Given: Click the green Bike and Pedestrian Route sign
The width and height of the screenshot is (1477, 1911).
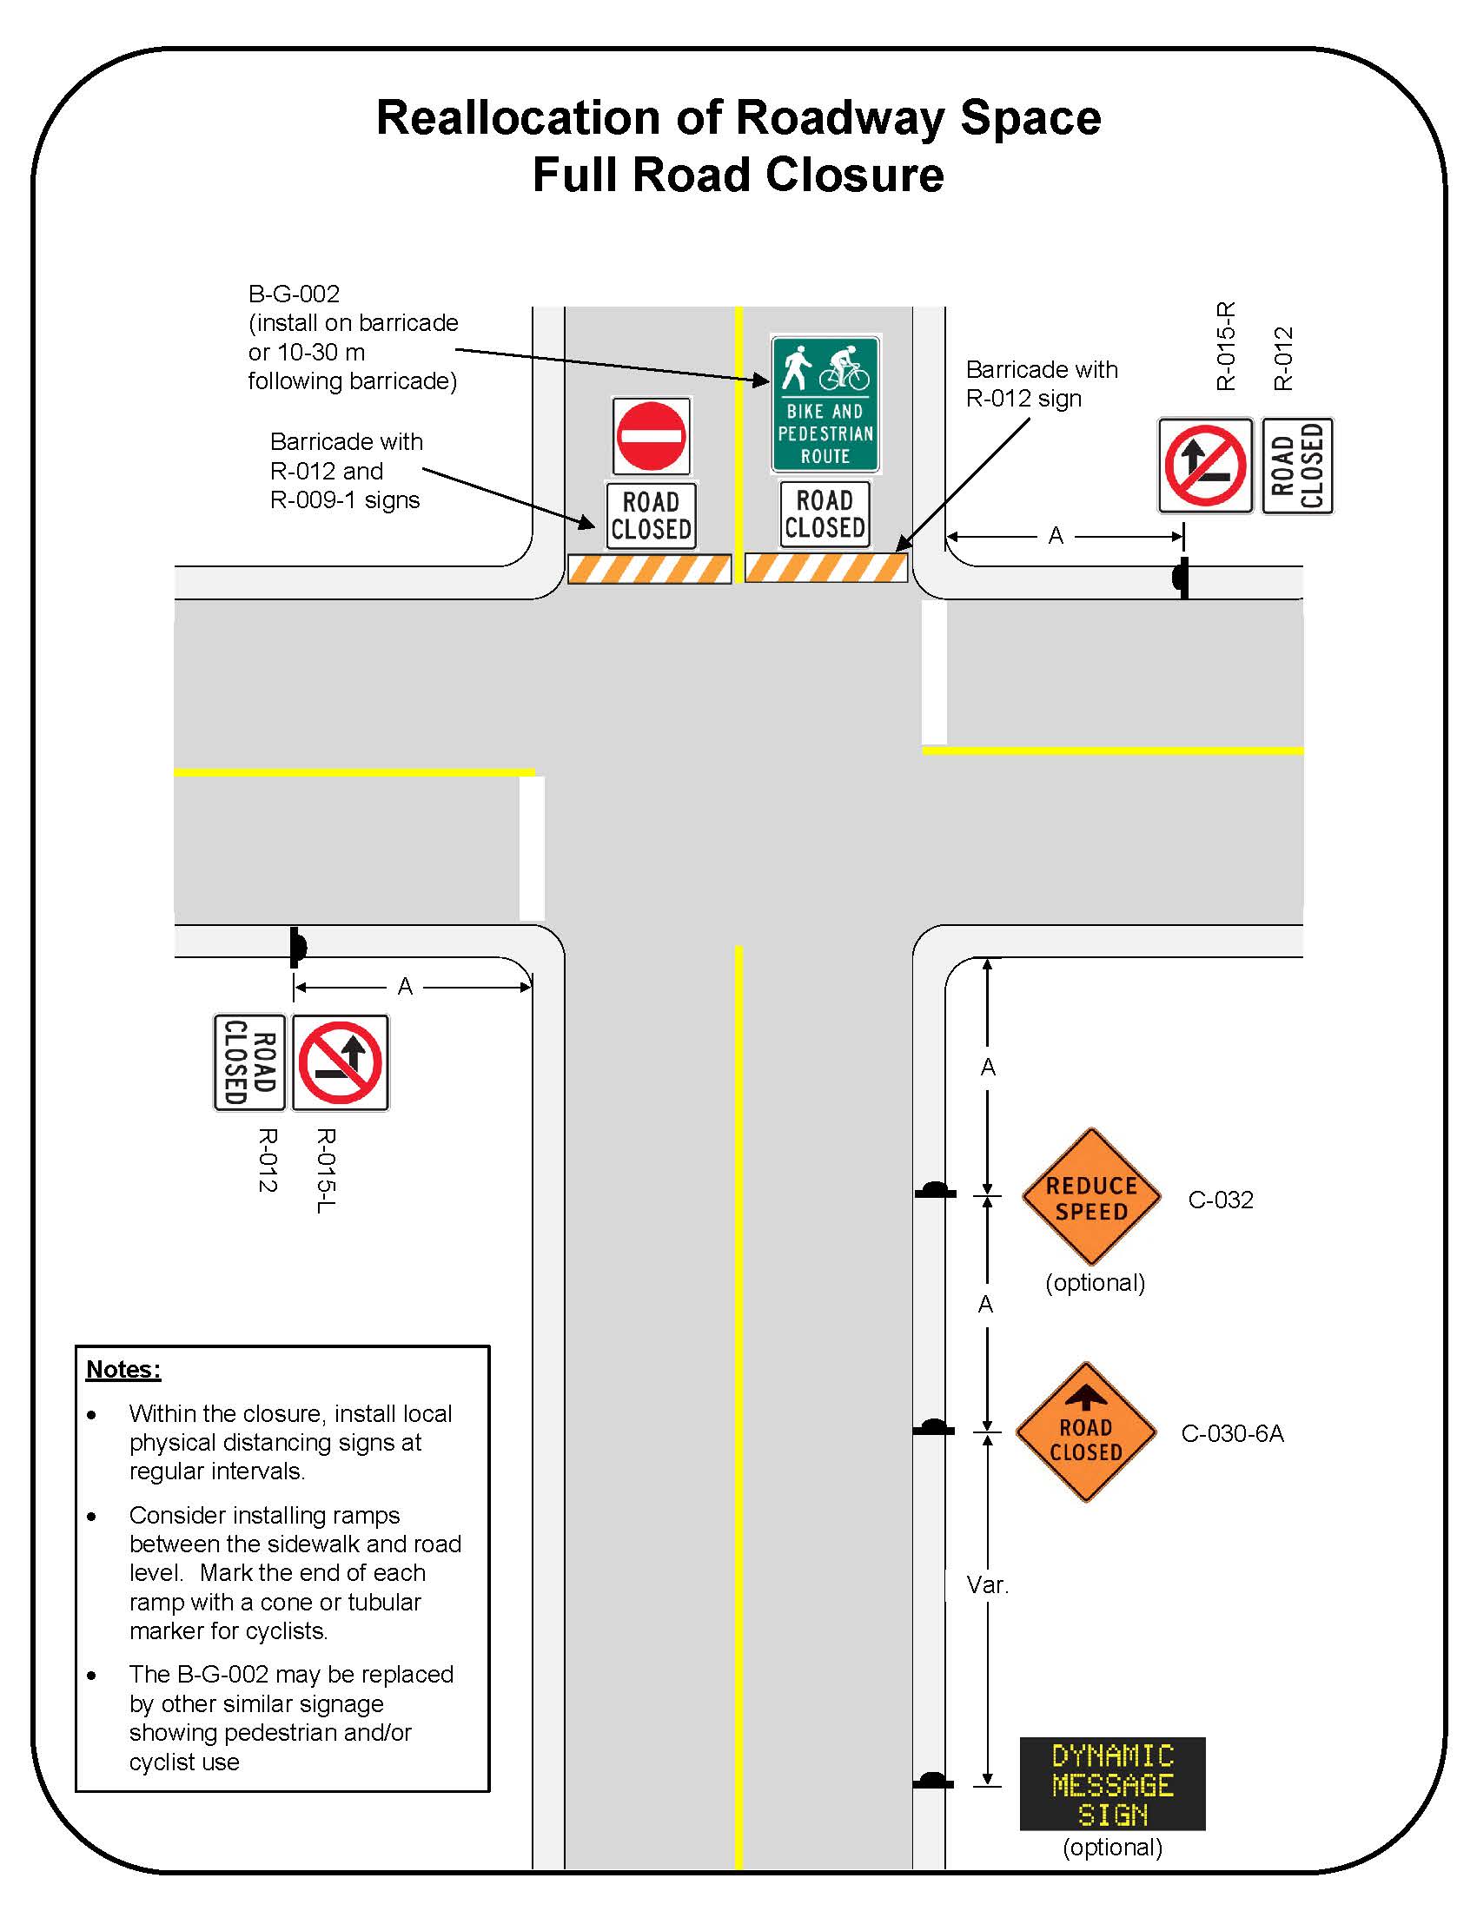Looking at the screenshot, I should click(825, 404).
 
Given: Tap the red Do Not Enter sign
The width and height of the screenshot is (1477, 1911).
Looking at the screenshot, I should click(651, 436).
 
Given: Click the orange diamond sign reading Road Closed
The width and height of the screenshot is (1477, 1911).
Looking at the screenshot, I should click(1086, 1432).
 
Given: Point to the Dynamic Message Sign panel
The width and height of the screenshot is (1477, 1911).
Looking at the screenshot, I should click(1112, 1784).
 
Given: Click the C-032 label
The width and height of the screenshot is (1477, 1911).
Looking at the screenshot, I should click(1220, 1200).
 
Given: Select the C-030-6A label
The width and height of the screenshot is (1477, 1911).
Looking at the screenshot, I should click(1232, 1433).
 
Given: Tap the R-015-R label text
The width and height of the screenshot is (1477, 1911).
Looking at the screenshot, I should click(1226, 347).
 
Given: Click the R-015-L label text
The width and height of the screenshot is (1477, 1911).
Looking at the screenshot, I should click(325, 1170).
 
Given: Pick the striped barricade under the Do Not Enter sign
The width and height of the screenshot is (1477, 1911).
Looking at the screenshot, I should click(649, 570).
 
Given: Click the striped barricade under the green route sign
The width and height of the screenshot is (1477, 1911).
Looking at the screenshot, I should click(825, 568).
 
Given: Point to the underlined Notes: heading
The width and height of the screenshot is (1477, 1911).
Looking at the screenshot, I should click(123, 1369).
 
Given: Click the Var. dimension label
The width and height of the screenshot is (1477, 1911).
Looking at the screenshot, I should click(987, 1584).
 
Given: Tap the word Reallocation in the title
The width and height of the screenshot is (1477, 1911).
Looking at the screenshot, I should click(518, 117).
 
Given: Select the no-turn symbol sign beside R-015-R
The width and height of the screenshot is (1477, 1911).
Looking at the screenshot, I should click(1205, 466).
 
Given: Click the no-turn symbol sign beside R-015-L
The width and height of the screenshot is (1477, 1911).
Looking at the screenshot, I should click(341, 1063).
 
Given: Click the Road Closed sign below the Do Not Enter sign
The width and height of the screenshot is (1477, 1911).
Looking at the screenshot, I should click(651, 515).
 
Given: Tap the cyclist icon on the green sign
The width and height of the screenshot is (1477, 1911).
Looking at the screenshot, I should click(844, 367).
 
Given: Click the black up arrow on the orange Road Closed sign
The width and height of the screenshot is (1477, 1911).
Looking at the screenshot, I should click(1086, 1396).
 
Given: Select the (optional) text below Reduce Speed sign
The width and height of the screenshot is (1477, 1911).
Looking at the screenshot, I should click(1095, 1283).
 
